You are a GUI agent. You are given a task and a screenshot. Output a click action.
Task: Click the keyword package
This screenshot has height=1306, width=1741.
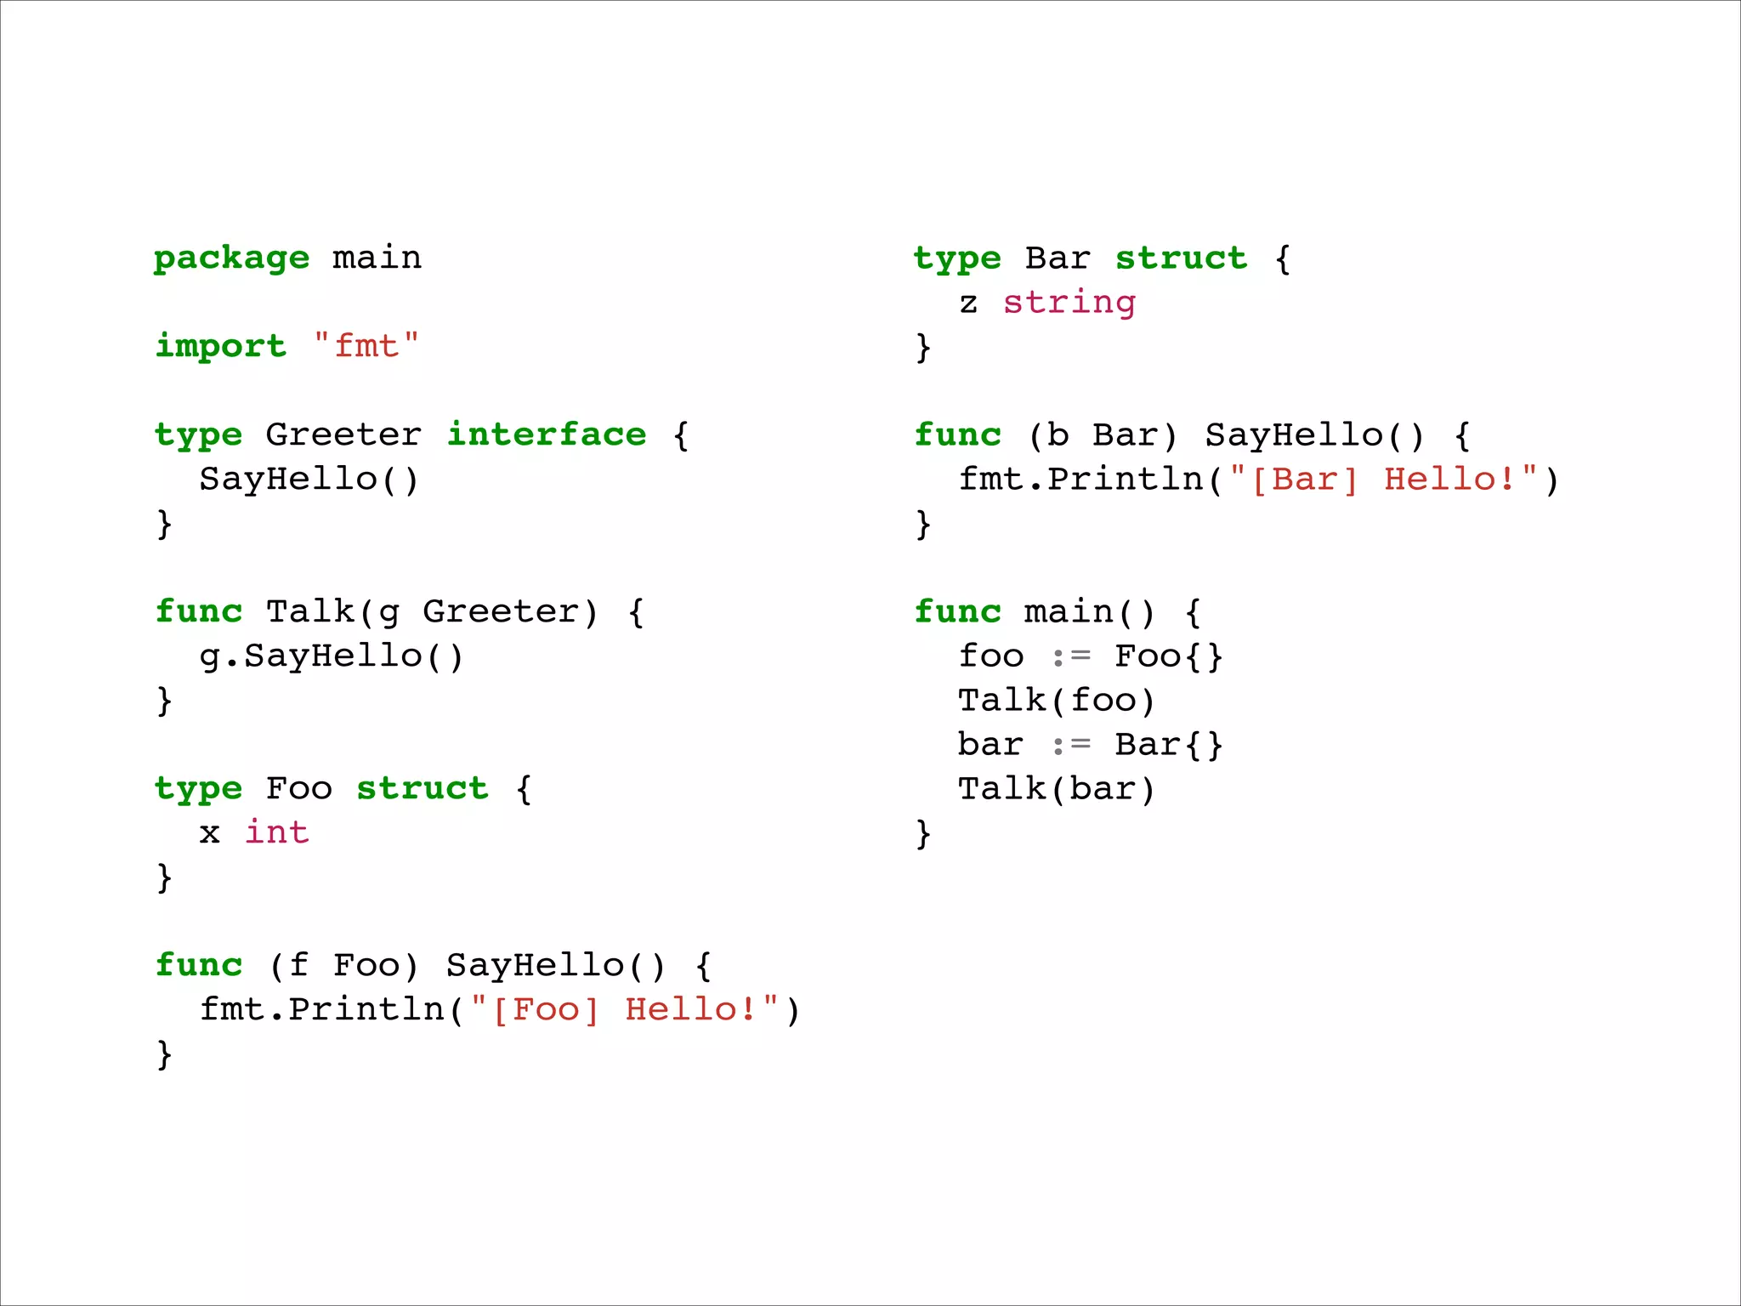[231, 258]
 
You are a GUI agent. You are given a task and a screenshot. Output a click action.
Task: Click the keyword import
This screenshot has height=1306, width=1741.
[221, 346]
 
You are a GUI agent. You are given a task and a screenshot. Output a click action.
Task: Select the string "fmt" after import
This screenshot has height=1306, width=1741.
[366, 346]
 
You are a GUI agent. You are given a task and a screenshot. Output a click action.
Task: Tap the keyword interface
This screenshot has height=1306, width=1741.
[547, 434]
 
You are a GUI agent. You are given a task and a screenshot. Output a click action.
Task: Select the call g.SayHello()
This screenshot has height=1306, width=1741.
[332, 656]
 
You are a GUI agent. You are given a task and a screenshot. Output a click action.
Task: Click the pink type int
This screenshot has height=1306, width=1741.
[277, 832]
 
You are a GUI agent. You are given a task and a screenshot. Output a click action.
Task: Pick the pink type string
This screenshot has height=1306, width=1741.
[1069, 303]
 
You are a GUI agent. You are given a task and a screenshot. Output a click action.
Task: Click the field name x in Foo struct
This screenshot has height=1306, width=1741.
[209, 833]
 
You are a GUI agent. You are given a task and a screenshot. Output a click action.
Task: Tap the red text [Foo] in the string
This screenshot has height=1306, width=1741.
[546, 1010]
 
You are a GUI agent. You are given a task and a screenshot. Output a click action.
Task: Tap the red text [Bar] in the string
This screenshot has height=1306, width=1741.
[1305, 480]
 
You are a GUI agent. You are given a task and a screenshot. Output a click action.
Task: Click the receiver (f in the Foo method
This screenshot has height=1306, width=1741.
[288, 966]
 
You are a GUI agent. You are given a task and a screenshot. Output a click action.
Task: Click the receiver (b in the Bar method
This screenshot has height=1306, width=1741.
[1048, 435]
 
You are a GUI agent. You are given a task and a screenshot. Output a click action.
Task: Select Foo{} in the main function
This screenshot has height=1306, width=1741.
[1168, 656]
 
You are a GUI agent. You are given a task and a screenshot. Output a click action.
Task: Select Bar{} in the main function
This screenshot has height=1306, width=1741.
[1168, 745]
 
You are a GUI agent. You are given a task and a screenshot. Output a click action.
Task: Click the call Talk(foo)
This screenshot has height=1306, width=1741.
[1056, 701]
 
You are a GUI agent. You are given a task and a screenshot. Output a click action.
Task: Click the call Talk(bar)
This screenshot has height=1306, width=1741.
[1056, 789]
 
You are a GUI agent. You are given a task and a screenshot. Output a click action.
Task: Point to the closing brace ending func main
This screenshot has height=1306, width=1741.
[923, 834]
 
